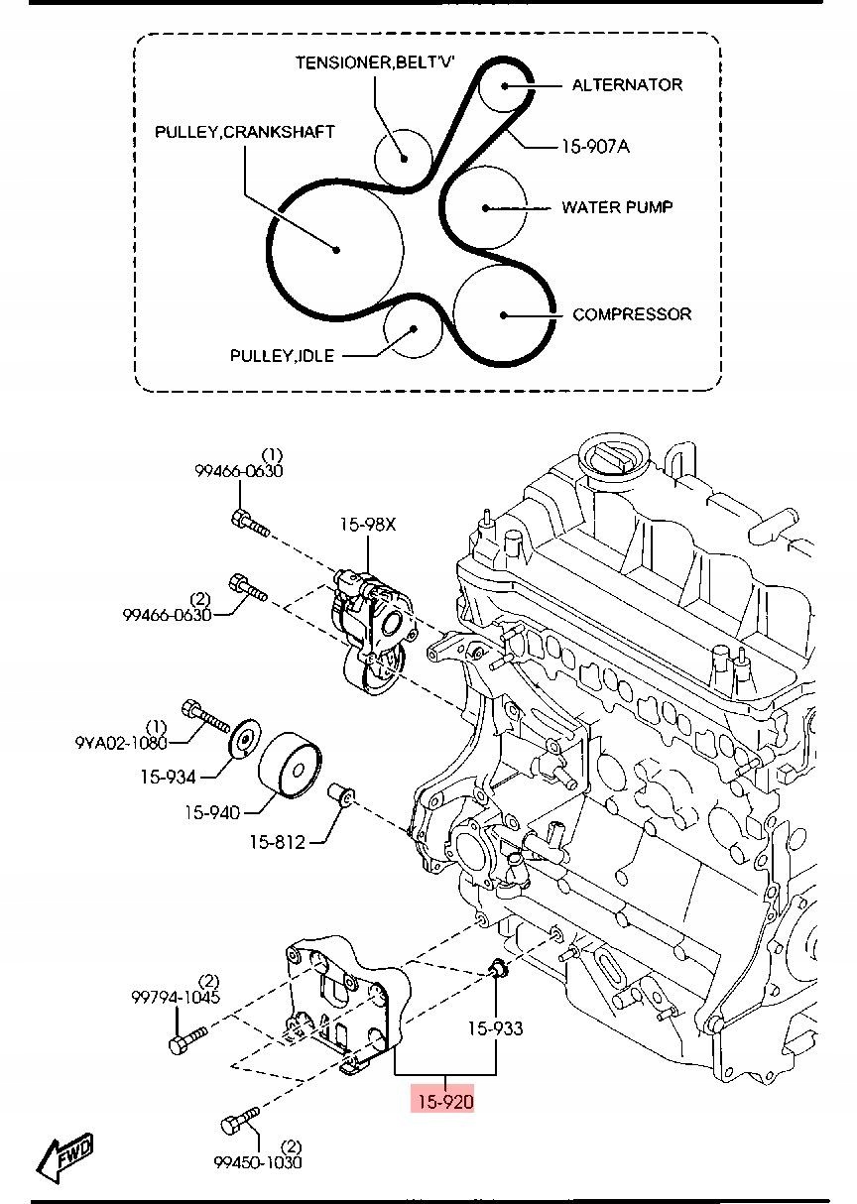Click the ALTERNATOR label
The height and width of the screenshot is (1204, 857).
627,85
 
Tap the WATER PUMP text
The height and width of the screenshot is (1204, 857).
617,207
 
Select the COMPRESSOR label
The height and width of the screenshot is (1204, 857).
632,314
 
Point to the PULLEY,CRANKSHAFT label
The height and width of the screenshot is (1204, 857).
245,132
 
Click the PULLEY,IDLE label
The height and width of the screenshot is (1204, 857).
282,356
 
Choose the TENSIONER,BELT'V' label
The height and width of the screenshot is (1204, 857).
375,62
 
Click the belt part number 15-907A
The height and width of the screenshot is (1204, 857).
595,146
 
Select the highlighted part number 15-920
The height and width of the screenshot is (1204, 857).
445,1102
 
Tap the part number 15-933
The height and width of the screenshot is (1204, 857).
495,1028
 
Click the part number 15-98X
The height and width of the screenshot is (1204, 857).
368,524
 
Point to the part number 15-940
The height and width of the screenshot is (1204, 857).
212,812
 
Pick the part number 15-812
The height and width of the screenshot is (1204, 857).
278,842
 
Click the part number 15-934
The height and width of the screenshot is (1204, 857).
169,777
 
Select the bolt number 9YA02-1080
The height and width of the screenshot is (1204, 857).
121,744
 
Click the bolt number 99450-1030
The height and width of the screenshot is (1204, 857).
258,1162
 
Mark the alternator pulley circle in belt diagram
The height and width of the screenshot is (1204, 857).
504,85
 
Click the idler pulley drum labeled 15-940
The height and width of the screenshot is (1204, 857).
290,764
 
